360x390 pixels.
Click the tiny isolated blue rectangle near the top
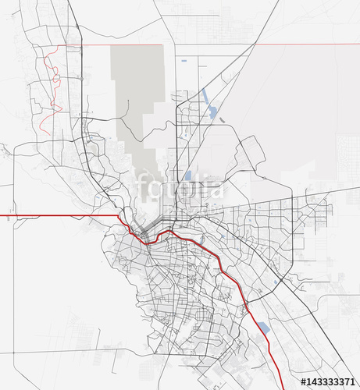[x=184, y=60]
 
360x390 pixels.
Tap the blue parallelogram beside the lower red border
[x=263, y=328]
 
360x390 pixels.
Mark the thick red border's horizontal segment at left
[x=55, y=214]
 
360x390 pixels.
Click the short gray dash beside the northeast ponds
[x=223, y=120]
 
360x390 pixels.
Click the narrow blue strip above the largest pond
[x=205, y=95]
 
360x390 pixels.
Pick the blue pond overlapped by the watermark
[x=187, y=175]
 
